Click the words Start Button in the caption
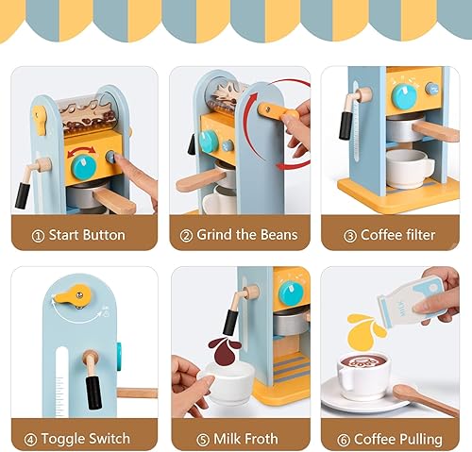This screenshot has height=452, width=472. [92, 234]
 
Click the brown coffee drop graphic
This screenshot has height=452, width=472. [225, 347]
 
